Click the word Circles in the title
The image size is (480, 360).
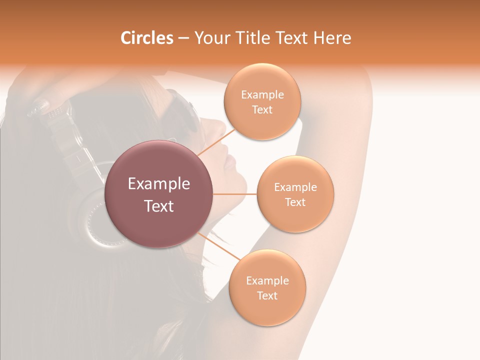(x=146, y=38)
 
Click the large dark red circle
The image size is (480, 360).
(x=159, y=194)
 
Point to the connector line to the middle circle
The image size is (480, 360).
(x=235, y=194)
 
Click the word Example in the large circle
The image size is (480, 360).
(x=159, y=184)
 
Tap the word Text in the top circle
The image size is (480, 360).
(x=262, y=110)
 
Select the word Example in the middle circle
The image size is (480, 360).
(x=295, y=187)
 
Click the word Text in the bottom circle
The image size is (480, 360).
(x=267, y=295)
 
